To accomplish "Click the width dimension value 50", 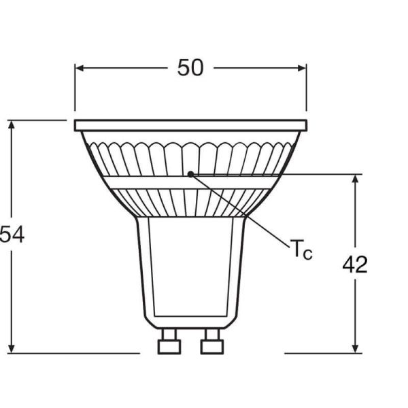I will click(190, 67).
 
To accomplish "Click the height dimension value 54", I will click(12, 235).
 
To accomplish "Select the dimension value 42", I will click(354, 264).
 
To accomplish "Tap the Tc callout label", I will click(302, 250).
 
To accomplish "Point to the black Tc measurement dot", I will click(191, 174).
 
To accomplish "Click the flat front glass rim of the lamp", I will click(190, 125).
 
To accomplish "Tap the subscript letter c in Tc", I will click(308, 254).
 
